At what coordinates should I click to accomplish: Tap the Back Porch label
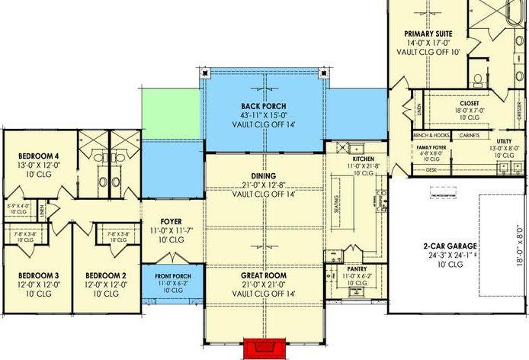(x=263, y=107)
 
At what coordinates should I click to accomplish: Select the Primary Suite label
(x=428, y=33)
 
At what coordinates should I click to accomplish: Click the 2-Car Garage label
(x=450, y=246)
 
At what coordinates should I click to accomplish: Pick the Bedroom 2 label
(x=106, y=275)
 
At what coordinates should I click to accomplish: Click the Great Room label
(x=264, y=275)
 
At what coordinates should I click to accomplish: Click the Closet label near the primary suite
(x=469, y=102)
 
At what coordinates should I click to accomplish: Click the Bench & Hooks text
(x=431, y=135)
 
